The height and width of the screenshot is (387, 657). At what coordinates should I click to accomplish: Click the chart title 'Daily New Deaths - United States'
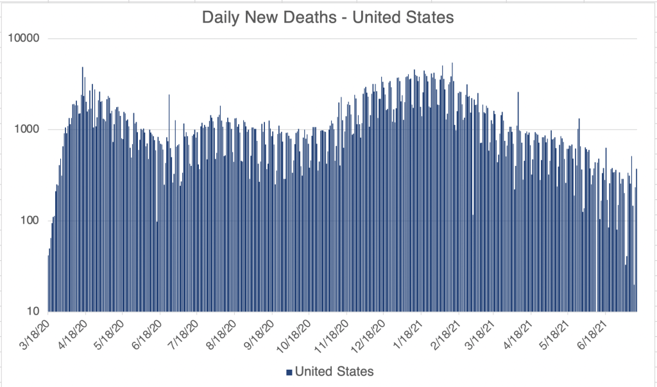pos(328,17)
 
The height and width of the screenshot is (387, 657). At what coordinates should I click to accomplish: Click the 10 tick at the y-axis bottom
pos(33,311)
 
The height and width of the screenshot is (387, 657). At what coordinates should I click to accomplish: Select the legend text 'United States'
pos(334,372)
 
